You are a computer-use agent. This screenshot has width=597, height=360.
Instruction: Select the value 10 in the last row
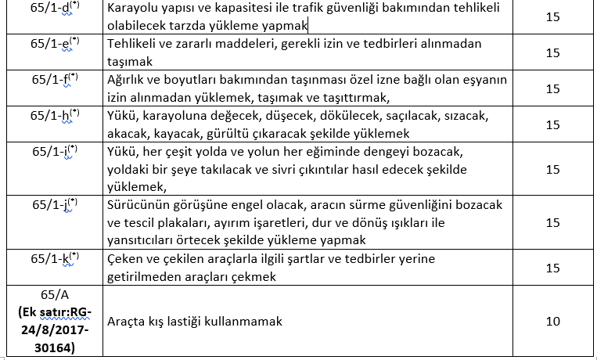pos(553,322)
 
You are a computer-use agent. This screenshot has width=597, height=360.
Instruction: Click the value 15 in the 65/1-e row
pos(553,53)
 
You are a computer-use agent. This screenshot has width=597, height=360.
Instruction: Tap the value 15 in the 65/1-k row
pos(553,267)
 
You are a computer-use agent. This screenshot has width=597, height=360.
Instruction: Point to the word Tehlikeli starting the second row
pos(132,44)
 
